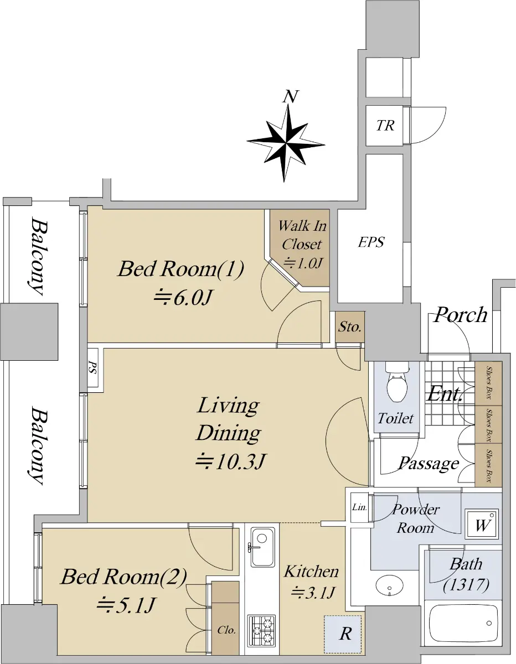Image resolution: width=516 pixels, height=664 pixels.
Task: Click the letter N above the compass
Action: (x=290, y=97)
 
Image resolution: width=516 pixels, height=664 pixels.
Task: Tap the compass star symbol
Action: (x=286, y=143)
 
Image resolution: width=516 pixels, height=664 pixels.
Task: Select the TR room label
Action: (x=385, y=126)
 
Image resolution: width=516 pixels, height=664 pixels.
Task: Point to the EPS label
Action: (x=371, y=242)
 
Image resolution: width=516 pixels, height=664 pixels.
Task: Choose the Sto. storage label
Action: (x=350, y=327)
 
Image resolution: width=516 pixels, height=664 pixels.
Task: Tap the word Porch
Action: (x=461, y=315)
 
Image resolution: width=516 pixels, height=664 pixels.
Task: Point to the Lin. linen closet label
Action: (x=359, y=507)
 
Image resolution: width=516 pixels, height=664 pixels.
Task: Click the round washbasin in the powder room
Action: (x=389, y=585)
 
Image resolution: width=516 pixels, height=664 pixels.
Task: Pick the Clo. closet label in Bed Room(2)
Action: (x=226, y=630)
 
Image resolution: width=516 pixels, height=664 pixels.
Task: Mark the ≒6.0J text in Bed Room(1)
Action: (x=183, y=298)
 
